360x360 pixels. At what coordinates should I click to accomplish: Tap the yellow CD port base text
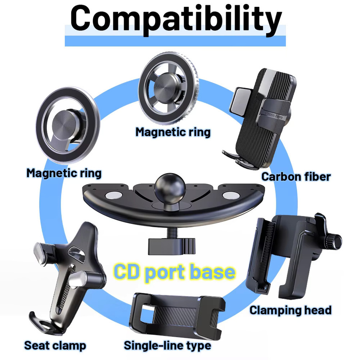(174, 272)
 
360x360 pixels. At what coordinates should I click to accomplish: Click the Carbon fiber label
(296, 177)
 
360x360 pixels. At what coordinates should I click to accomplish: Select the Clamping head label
(291, 310)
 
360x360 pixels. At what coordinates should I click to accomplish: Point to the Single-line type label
(167, 345)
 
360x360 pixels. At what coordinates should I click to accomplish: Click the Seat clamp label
(55, 346)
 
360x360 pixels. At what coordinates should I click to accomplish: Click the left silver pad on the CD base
(114, 195)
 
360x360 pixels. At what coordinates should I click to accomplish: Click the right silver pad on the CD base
(231, 195)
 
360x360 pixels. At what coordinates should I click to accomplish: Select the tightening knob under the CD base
(172, 246)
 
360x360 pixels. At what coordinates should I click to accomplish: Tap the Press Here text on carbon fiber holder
(274, 115)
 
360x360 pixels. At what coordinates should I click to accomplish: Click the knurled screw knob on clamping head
(333, 242)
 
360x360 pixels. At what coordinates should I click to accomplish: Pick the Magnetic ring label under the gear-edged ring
(173, 132)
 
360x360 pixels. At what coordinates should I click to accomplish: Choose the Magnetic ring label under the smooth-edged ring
(64, 173)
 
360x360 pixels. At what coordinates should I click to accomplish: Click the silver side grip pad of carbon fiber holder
(240, 101)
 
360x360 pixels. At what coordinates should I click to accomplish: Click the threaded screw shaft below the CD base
(171, 232)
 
